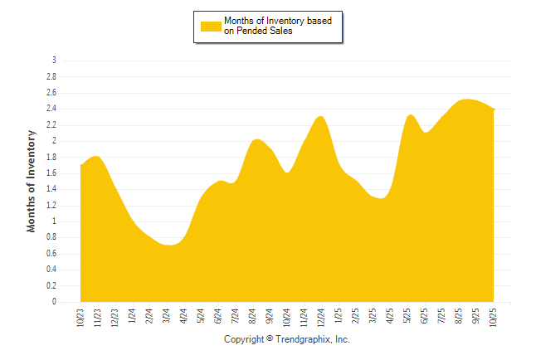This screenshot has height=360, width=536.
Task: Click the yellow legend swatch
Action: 211,26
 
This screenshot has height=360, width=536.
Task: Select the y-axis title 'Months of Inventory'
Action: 32,181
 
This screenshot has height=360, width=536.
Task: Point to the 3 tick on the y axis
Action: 54,61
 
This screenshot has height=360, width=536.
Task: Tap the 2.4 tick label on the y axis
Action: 51,109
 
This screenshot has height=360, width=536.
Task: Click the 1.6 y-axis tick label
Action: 51,173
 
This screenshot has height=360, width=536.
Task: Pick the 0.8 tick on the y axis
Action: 51,238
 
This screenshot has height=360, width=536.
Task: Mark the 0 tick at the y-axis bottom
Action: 54,303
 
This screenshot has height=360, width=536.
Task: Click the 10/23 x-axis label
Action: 80,318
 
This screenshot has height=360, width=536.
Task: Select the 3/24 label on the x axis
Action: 167,318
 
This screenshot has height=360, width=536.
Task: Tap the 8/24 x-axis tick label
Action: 252,318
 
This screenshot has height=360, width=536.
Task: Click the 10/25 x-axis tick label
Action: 495,318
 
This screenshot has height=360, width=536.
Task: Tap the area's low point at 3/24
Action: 167,246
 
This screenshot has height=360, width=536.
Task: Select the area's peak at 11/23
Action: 97,156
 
